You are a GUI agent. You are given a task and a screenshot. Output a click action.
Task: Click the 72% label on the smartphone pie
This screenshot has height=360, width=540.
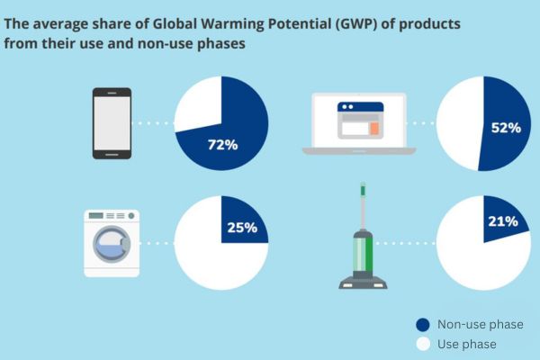tap(222, 145)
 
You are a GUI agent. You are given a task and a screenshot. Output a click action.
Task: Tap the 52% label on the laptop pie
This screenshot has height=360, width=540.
tap(506, 128)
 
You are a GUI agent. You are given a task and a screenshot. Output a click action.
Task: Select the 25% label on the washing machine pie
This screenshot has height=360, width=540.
tap(242, 228)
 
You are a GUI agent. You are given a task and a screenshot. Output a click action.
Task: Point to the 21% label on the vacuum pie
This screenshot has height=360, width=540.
tap(503, 221)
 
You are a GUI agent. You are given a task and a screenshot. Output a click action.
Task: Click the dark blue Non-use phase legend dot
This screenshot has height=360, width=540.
tap(423, 325)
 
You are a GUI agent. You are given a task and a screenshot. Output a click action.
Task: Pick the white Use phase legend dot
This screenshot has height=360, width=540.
tap(423, 344)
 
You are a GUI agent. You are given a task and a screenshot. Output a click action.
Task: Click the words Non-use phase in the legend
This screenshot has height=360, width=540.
tap(480, 325)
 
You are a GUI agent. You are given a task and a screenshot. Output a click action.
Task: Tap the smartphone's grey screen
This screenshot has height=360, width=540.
tap(112, 123)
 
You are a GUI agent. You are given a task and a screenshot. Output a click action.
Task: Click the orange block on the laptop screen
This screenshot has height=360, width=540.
tap(374, 128)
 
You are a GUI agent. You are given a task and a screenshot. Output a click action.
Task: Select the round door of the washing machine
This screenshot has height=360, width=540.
tap(112, 243)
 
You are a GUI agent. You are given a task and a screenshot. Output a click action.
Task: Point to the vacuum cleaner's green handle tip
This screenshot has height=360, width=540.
tap(363, 189)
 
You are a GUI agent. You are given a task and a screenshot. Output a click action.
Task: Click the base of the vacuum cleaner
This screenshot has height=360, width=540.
tap(363, 282)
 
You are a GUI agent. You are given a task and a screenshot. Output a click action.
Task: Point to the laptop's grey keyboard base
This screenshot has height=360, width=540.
tap(359, 150)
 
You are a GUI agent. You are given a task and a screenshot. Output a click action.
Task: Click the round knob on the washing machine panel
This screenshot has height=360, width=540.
tap(131, 216)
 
